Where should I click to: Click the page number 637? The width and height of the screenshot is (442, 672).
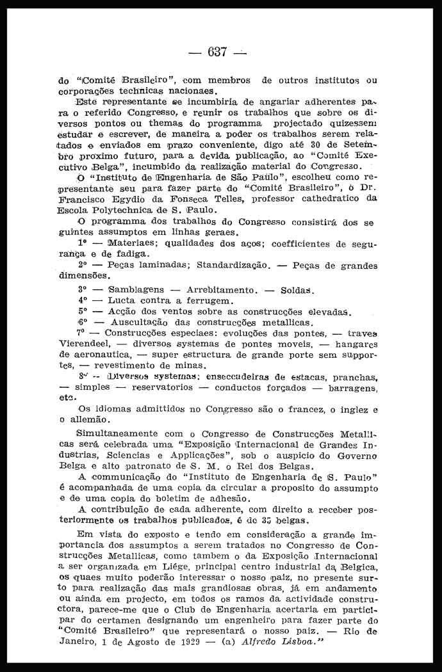217,52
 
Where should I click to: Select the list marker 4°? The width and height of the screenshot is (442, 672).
82,300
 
